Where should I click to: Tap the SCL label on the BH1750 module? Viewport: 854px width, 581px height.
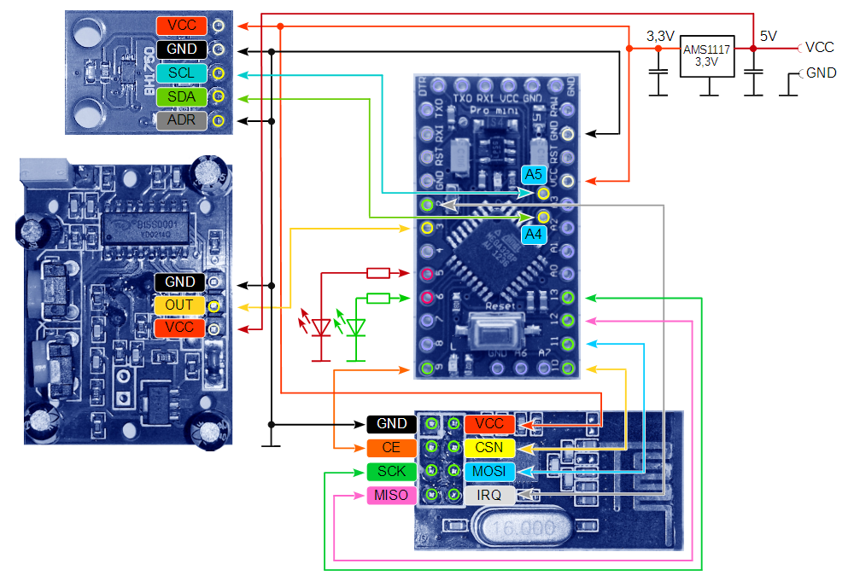click(x=181, y=73)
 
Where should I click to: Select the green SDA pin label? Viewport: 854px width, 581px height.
click(x=181, y=97)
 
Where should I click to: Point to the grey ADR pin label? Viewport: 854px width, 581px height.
click(x=181, y=120)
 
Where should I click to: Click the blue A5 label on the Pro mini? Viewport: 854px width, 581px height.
click(x=534, y=175)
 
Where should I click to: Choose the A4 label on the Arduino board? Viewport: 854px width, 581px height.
click(x=534, y=232)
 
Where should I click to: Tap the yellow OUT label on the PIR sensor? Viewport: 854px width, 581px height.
click(x=179, y=305)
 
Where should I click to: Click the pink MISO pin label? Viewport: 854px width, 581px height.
click(x=391, y=496)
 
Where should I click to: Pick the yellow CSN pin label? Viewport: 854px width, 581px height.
click(x=489, y=448)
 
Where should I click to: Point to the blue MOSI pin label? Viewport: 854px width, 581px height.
click(x=489, y=472)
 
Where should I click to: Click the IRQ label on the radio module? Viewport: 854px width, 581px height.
click(x=489, y=495)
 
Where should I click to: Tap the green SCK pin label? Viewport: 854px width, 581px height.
click(x=391, y=472)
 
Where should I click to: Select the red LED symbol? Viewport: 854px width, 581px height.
click(x=321, y=327)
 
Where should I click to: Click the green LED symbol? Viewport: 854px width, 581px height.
click(x=357, y=327)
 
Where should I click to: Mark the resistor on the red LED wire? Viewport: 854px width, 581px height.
click(x=377, y=273)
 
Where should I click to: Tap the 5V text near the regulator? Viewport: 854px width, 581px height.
click(x=769, y=37)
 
